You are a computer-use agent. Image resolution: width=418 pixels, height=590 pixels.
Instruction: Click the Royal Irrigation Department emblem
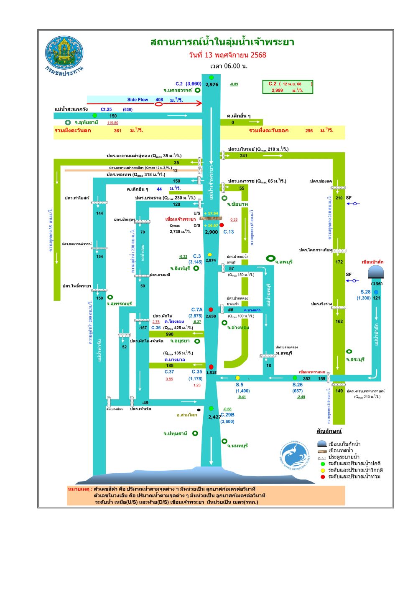pyautogui.click(x=64, y=53)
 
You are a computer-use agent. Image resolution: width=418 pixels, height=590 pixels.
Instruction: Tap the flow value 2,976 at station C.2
pyautogui.click(x=212, y=84)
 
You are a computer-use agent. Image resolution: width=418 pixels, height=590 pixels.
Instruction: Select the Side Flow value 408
pyautogui.click(x=159, y=100)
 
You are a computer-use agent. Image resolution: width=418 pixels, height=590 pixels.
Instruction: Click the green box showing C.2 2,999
pyautogui.click(x=288, y=87)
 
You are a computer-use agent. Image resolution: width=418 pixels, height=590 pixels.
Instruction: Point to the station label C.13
pyautogui.click(x=229, y=232)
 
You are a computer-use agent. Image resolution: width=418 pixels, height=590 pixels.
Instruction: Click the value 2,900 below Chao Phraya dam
pyautogui.click(x=211, y=232)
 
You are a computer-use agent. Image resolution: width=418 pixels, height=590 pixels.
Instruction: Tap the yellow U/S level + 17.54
pyautogui.click(x=211, y=213)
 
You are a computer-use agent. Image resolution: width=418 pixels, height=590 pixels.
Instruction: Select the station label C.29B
pyautogui.click(x=227, y=415)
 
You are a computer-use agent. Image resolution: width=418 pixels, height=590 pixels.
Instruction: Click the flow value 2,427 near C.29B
pyautogui.click(x=214, y=417)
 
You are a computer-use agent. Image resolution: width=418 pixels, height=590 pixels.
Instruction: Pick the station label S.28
pyautogui.click(x=365, y=292)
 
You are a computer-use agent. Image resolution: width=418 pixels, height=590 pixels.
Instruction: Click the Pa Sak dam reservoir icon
pyautogui.click(x=376, y=272)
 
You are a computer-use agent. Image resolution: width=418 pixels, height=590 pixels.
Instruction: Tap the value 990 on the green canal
pyautogui.click(x=170, y=334)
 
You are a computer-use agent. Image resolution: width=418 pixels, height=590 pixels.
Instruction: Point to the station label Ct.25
pyautogui.click(x=106, y=109)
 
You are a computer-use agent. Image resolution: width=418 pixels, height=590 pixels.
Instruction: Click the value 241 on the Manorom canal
pyautogui.click(x=244, y=156)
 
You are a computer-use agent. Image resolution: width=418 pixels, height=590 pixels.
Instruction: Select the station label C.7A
pyautogui.click(x=197, y=310)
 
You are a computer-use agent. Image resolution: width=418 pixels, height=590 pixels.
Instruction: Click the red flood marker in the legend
pyautogui.click(x=323, y=477)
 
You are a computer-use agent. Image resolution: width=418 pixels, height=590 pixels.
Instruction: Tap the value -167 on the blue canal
pyautogui.click(x=143, y=328)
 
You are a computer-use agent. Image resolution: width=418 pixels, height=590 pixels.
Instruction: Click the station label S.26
pyautogui.click(x=298, y=385)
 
